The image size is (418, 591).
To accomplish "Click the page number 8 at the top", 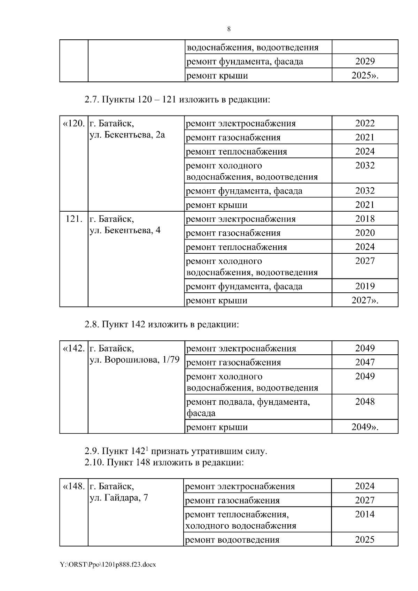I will point(229,29).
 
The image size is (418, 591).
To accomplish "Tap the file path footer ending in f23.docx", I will point(108,565).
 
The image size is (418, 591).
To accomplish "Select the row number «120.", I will point(73,124).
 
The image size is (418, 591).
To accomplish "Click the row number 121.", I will point(74,219).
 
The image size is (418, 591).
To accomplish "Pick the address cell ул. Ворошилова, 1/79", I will point(134,360).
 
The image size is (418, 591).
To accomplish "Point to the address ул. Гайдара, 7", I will point(119,498).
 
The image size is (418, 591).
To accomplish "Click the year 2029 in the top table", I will point(365,61).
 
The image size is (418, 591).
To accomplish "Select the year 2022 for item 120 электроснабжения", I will point(365,123).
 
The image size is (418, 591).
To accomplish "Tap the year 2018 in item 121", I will point(365,219).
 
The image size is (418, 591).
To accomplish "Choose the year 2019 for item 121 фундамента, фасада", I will point(365,286).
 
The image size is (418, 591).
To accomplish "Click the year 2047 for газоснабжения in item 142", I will point(365,362).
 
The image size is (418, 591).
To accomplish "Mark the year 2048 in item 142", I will point(365,401).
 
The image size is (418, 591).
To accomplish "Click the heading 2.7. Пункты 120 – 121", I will point(177,100).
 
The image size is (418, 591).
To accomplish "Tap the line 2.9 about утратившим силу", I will point(176,451).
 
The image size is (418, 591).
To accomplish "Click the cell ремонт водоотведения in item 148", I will point(232,540).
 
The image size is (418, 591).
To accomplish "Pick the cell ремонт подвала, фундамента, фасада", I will point(248,407).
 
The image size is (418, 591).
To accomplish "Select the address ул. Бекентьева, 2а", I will point(127,135).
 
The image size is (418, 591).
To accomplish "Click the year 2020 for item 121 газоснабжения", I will point(365,233).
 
